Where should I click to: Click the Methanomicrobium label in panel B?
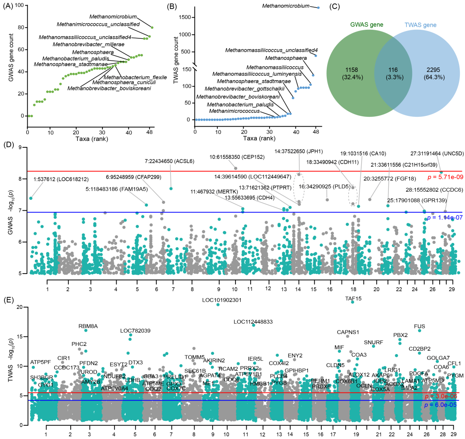click(286, 6)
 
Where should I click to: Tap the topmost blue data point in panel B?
click(319, 8)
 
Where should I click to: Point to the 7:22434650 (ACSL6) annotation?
click(172, 161)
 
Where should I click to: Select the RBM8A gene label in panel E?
click(88, 326)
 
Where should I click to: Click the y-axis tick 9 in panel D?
click(21, 147)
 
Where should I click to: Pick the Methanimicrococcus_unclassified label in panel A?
click(98, 24)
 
